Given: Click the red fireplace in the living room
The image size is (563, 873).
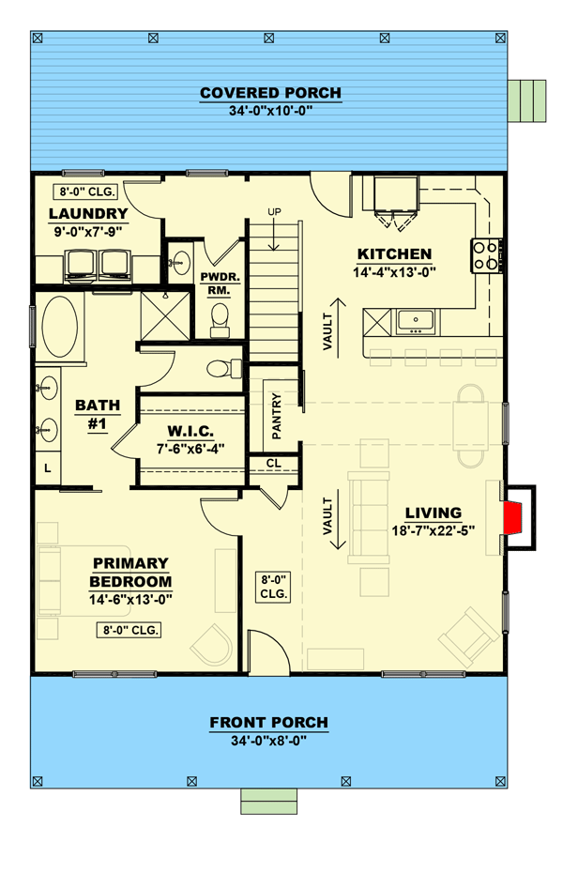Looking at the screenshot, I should click(513, 516).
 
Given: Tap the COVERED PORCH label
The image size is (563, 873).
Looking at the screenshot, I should click(270, 93).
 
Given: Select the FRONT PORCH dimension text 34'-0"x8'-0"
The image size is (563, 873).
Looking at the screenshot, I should click(268, 740).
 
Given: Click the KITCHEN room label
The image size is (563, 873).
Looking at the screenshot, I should click(393, 254).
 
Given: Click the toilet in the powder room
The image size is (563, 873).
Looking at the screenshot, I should click(221, 324).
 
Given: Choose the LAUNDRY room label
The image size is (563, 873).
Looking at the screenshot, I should click(87, 213).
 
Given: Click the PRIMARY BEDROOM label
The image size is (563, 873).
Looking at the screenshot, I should click(130, 572).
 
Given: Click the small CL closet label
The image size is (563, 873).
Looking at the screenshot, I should click(273, 463).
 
